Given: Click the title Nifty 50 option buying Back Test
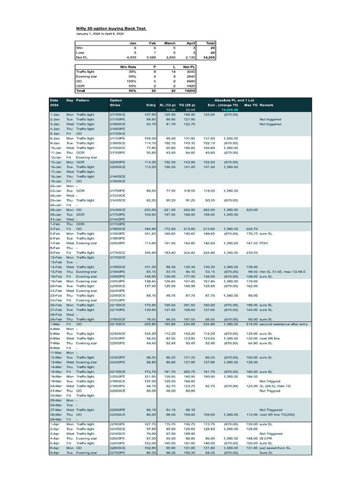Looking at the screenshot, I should click(x=112, y=28).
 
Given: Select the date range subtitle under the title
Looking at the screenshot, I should click(x=100, y=34).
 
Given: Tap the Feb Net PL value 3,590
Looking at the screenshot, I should click(x=149, y=57).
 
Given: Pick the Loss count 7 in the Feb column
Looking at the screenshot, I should click(x=154, y=52).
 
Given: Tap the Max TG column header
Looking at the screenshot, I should click(x=250, y=105).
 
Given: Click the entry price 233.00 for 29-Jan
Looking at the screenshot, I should click(x=150, y=210).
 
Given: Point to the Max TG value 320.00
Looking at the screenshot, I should click(x=251, y=210).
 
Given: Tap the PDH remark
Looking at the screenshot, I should click(x=263, y=243).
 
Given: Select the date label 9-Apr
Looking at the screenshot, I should click(x=54, y=453).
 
